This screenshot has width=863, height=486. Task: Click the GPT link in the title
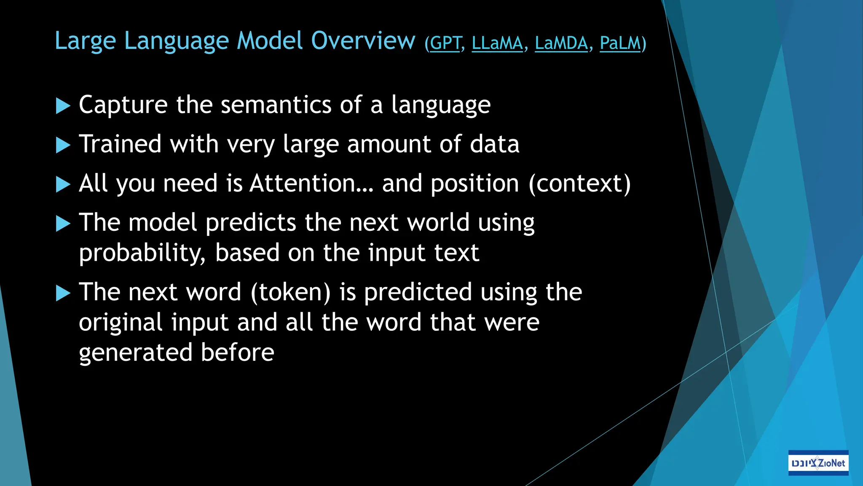point(445,43)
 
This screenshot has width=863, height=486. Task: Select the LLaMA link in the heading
point(497,43)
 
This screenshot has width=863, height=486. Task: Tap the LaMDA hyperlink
point(561,43)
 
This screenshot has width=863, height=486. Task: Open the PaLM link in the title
point(620,43)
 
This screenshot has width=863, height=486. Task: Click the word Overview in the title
point(363,41)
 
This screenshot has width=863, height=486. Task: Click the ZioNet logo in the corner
point(818,463)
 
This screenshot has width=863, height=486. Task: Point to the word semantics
point(276,105)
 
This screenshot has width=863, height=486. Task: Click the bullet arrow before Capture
point(63,106)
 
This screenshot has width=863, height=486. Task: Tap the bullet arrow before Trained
point(63,145)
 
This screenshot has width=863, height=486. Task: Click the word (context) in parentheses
point(579,184)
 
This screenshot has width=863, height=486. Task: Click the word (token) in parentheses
point(291,292)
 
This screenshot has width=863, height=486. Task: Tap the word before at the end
point(237,352)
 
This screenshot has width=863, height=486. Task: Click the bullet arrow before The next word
point(63,293)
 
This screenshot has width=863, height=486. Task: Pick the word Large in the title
point(85,41)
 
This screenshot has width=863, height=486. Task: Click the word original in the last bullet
point(121,323)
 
